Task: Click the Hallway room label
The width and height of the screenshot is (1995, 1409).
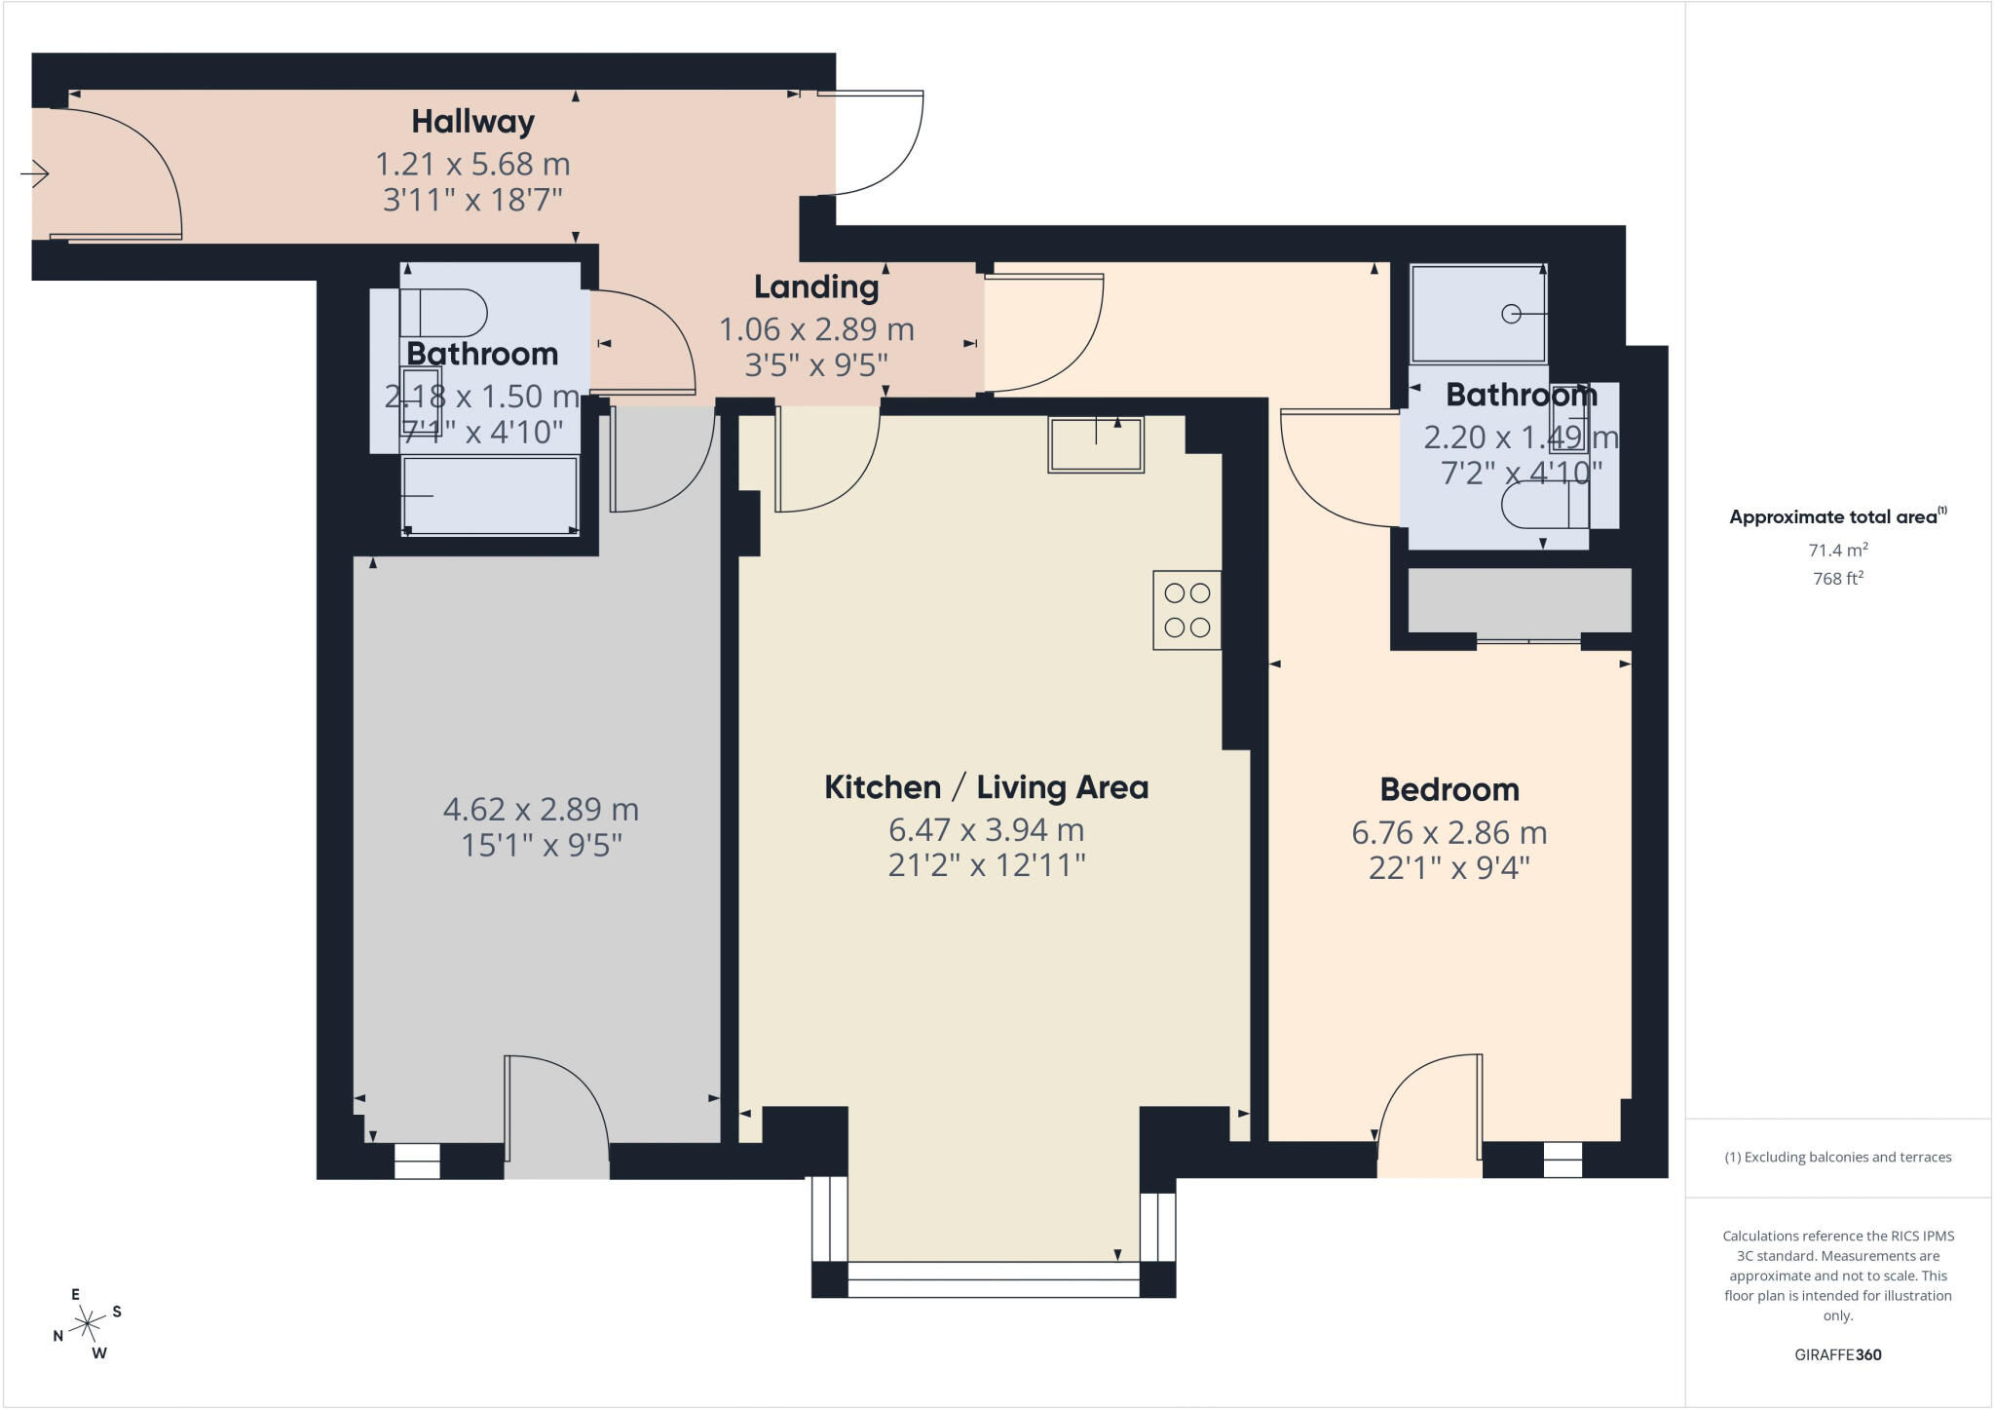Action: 472,122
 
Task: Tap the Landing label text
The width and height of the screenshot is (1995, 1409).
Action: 816,286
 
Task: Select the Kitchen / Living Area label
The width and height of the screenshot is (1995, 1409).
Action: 987,787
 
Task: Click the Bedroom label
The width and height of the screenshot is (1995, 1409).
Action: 1449,789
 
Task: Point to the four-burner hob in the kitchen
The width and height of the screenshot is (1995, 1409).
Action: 1186,610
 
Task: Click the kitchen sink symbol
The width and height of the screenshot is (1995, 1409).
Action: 1096,444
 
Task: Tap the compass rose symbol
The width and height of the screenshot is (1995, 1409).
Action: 88,1323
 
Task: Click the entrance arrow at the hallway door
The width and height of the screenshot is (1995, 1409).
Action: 35,174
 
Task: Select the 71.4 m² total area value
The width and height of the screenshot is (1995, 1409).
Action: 1838,550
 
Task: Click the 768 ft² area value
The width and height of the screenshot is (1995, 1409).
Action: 1838,578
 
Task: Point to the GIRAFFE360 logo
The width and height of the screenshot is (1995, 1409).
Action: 1838,1354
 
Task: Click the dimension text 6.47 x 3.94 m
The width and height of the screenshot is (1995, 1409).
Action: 987,830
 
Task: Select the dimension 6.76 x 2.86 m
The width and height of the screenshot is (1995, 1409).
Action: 1449,833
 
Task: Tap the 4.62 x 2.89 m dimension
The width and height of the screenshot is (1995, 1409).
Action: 541,809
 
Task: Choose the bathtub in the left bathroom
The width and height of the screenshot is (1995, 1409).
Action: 490,496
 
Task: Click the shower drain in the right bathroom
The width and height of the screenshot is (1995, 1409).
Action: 1512,314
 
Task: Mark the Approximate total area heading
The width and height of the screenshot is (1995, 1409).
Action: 1838,516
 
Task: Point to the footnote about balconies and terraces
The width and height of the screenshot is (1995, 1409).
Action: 1838,1158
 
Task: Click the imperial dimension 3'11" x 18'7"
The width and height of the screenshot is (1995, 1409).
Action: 473,201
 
